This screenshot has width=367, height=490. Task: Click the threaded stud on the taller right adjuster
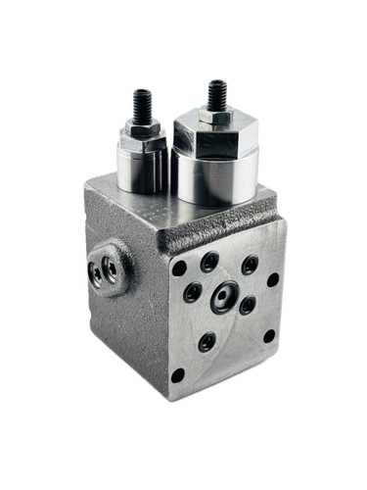[x=215, y=95]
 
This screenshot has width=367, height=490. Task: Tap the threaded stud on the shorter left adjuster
[x=142, y=105]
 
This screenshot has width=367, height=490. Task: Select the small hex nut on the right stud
[x=215, y=117]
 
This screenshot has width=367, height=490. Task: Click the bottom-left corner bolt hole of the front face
[x=177, y=374]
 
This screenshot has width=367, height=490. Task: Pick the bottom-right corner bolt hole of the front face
[x=269, y=336]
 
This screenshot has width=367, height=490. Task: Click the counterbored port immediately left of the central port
[x=192, y=292]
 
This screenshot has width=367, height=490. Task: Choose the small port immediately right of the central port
[x=248, y=305]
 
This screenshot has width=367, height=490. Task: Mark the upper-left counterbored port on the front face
[x=209, y=262]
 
